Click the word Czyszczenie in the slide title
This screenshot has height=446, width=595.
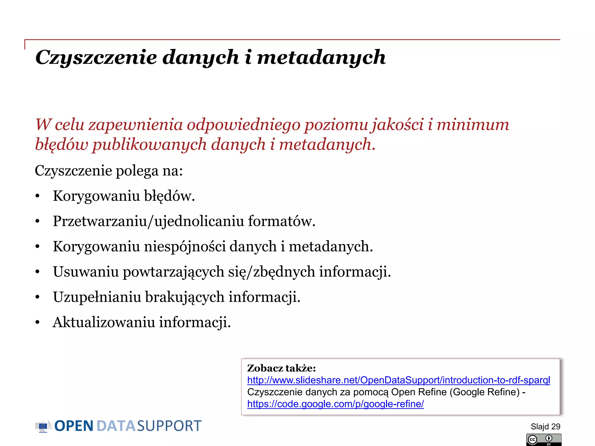click(x=96, y=57)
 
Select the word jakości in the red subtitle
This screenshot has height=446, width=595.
click(x=398, y=125)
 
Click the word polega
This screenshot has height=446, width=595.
click(x=137, y=170)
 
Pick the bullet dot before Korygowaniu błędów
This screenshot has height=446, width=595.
click(x=37, y=196)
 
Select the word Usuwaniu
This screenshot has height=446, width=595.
click(x=86, y=272)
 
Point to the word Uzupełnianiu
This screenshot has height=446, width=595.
click(x=97, y=297)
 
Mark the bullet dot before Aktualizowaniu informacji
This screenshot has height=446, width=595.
click(x=37, y=323)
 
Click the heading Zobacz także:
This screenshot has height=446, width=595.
click(x=281, y=368)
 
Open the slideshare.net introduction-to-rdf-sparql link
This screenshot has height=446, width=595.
click(x=399, y=380)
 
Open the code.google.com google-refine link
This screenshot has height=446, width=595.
click(x=335, y=404)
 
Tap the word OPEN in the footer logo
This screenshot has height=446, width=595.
click(x=74, y=426)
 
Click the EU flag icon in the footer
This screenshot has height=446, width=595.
click(x=43, y=426)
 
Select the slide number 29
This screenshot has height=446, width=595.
click(x=555, y=427)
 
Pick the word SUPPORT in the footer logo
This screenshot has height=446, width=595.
click(x=169, y=426)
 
